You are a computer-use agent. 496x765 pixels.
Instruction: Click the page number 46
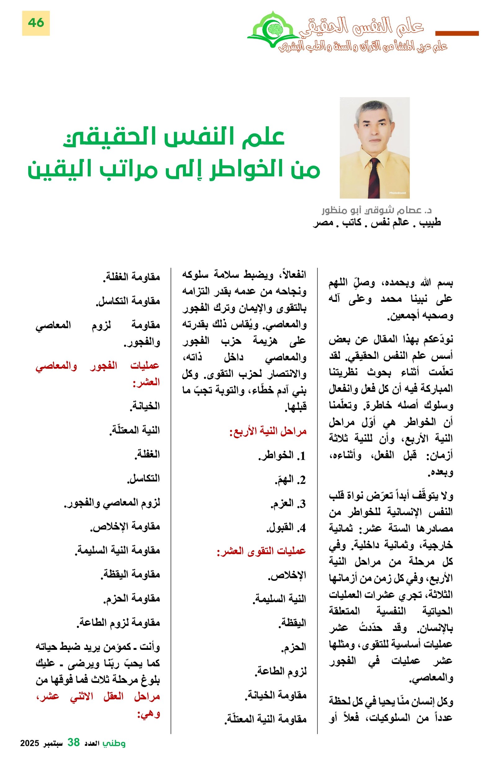[36, 23]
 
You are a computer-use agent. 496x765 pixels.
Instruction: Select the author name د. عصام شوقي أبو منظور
[377, 211]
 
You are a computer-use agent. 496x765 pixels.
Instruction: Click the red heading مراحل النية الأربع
[268, 431]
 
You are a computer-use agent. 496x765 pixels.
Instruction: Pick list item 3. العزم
[287, 504]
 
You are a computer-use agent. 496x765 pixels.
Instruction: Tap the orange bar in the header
[456, 33]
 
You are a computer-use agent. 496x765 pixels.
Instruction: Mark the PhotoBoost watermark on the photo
[397, 193]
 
